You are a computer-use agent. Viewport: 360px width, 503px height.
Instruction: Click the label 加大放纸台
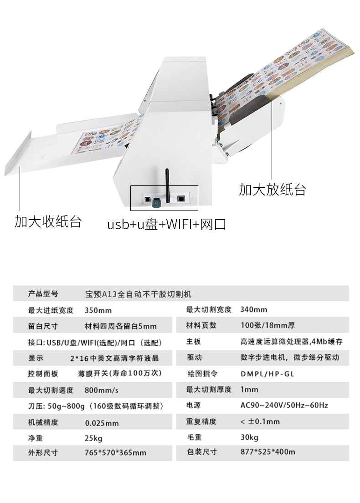point(272,190)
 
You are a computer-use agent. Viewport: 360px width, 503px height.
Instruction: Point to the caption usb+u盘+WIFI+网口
point(166,225)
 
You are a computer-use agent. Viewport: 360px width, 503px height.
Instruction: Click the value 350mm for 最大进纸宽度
point(98,311)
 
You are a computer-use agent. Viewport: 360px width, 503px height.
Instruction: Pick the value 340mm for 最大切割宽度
point(254,310)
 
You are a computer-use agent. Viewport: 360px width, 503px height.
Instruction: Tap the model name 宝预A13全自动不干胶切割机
point(142,294)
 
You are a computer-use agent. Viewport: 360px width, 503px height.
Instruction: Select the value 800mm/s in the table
point(101,390)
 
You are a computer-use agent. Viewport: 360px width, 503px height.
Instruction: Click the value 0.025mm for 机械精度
point(102,423)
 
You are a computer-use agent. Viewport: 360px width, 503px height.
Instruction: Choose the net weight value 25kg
point(94,438)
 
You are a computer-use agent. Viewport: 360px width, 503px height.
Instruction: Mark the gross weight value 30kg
point(249,438)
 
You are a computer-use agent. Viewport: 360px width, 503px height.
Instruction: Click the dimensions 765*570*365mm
point(116,453)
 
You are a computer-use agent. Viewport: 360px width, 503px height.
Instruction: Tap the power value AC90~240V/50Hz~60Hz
point(284,405)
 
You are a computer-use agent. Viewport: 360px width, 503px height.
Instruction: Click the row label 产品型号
point(43,294)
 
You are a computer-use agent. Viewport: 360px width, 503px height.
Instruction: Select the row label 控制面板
point(43,374)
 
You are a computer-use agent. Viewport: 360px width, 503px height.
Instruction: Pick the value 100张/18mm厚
point(267,326)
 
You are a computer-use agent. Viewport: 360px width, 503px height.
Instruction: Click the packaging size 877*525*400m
point(268,452)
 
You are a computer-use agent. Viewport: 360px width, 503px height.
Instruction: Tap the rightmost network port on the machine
point(181,199)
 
